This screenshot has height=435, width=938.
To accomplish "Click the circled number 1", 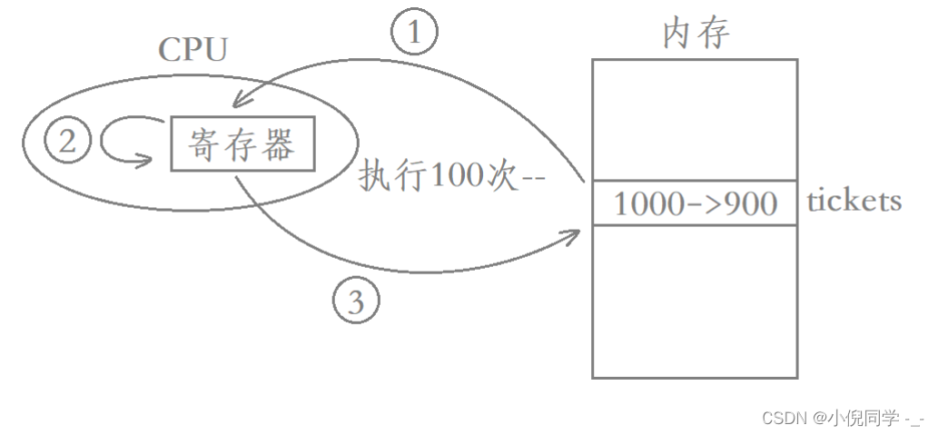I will (x=415, y=33).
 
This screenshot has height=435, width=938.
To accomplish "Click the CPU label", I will (x=192, y=50).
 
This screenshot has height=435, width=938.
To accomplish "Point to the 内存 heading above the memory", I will (x=696, y=34).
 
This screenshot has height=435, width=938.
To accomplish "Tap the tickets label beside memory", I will (x=854, y=201).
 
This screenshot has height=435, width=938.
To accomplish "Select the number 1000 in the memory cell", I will (x=648, y=204).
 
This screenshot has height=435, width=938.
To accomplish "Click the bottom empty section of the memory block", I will (x=695, y=301).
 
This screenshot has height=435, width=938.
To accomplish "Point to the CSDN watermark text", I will (x=786, y=418).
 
